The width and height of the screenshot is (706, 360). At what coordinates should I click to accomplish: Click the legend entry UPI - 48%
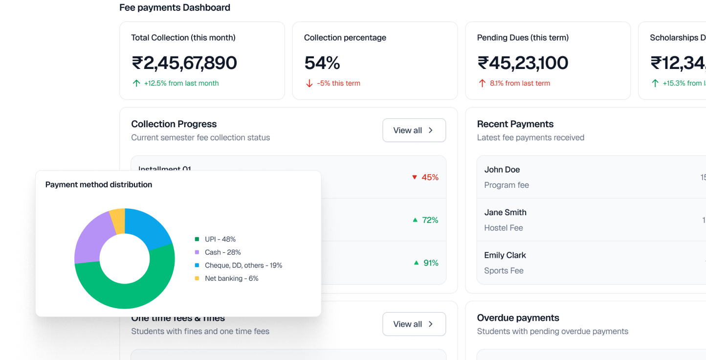pos(220,239)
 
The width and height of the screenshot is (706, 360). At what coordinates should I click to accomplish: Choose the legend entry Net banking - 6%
pos(231,278)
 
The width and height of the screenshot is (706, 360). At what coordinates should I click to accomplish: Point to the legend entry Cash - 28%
pos(222,252)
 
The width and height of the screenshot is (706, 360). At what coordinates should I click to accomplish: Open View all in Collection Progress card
pos(414,130)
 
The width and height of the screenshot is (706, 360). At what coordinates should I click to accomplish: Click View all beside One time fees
pos(414,324)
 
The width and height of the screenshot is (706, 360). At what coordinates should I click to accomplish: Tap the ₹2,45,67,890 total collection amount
pos(184,63)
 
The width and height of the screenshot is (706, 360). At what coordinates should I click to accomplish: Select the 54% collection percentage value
pos(322,63)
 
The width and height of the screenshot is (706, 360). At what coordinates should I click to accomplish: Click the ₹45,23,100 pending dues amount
pos(522,63)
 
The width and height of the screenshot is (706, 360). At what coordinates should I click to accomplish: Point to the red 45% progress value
pos(430,178)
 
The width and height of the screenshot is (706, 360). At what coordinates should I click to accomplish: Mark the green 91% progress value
pos(431,263)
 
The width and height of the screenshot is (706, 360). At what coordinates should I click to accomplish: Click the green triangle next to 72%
pos(415,220)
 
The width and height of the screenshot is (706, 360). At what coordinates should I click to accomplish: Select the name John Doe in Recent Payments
pos(502,170)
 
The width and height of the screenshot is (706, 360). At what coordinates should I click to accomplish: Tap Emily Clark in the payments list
pos(505,255)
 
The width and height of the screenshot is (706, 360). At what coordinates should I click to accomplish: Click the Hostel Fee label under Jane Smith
pos(503,228)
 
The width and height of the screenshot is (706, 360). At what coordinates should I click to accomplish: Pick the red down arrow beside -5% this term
pos(309,84)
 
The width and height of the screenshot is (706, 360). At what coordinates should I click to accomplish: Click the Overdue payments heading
pos(518,318)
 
